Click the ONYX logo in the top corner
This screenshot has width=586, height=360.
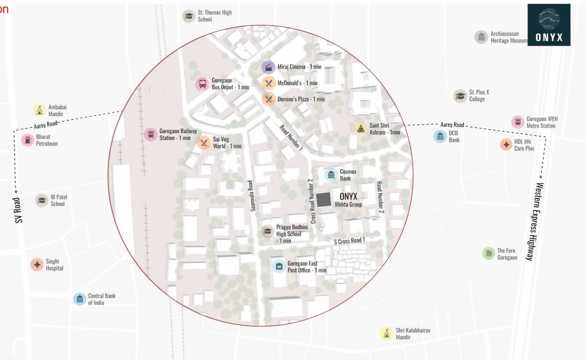[549, 25]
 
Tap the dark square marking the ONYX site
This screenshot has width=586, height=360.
[323, 200]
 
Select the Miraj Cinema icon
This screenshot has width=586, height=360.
[268, 67]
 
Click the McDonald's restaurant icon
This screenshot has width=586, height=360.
[268, 83]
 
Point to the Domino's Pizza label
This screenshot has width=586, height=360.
[301, 99]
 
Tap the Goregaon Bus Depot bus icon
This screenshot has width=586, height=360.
[202, 84]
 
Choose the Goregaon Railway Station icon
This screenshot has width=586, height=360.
[150, 135]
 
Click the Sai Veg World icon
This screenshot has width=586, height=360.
[204, 142]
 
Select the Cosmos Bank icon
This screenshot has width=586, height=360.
[331, 175]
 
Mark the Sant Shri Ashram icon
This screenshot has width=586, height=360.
[360, 128]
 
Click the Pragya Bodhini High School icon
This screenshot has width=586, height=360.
[267, 231]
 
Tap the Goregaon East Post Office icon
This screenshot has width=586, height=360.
[279, 267]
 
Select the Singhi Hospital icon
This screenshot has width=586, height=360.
[37, 264]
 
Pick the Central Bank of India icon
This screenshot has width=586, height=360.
[80, 299]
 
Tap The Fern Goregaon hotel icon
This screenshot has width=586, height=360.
[489, 254]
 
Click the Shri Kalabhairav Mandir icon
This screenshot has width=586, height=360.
[386, 333]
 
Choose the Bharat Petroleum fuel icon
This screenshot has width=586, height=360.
[28, 140]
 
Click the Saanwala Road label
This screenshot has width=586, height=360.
[252, 195]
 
